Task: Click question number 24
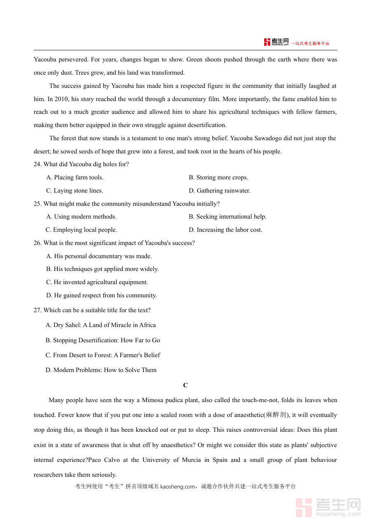38,164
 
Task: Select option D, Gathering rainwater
219,191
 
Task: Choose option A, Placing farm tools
75,177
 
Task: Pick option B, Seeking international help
228,217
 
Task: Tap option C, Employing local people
81,230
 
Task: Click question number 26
38,243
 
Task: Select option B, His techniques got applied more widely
102,269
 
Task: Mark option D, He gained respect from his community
101,295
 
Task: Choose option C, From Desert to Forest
103,355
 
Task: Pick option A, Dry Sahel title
101,325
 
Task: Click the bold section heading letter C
185,385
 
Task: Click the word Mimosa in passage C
153,400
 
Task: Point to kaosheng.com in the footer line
177,487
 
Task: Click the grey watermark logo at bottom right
328,507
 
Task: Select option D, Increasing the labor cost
225,230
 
